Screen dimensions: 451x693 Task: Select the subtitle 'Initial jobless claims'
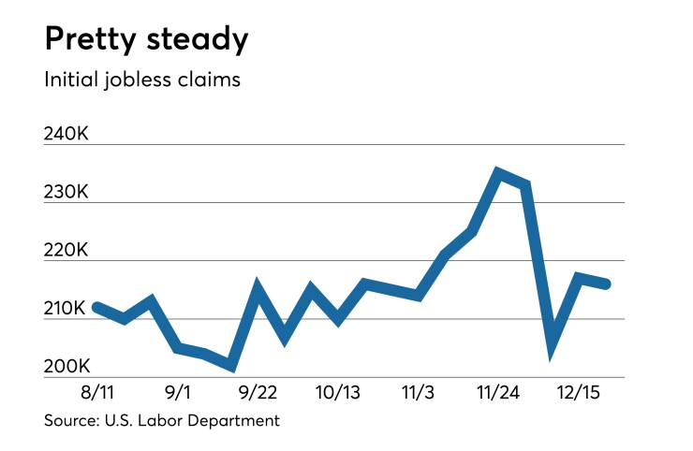point(142,80)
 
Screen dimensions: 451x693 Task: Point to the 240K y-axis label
point(66,134)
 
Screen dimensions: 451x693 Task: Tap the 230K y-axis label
point(66,192)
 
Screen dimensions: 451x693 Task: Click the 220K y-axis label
point(66,251)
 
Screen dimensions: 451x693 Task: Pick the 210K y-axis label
point(66,309)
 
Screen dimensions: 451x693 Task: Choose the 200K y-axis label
point(66,367)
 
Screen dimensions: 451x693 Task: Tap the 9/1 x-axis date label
point(176,390)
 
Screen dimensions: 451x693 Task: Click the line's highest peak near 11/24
point(498,173)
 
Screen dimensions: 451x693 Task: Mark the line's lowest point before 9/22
point(230,366)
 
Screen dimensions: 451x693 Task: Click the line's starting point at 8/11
point(97,307)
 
